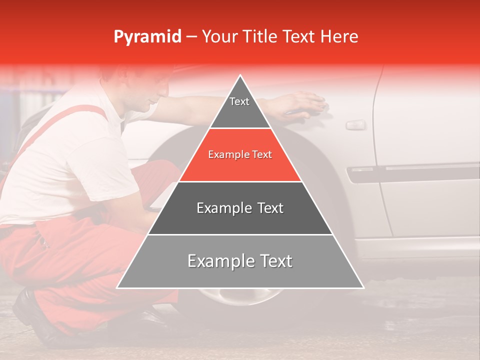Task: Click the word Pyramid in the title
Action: click(147, 37)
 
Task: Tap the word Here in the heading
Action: click(339, 37)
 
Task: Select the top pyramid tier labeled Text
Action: click(239, 105)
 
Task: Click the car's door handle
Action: click(355, 124)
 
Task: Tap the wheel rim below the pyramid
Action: click(235, 297)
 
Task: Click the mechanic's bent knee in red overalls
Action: click(155, 172)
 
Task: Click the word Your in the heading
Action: click(219, 37)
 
